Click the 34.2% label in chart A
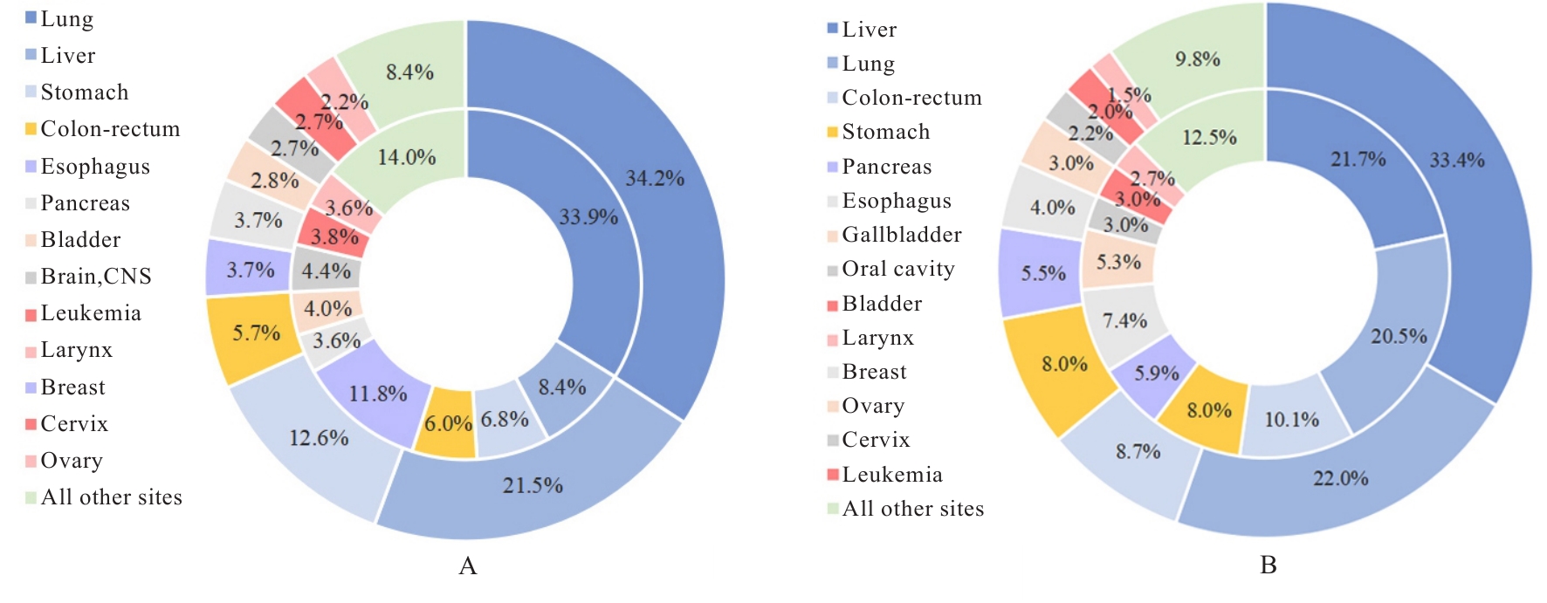[x=655, y=179]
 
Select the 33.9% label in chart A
[x=588, y=216]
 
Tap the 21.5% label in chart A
[x=533, y=485]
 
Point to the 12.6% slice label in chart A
[x=319, y=438]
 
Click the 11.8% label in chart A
[x=378, y=394]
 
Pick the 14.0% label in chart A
[x=407, y=158]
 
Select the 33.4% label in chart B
[x=1457, y=161]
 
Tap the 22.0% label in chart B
[x=1341, y=478]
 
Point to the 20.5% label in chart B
[x=1399, y=337]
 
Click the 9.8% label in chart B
[x=1198, y=59]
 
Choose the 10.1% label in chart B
[x=1292, y=420]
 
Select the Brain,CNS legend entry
[x=95, y=277]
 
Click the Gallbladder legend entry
[x=901, y=235]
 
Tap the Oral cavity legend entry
[x=897, y=269]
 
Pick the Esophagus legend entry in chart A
[x=94, y=167]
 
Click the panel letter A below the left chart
[x=468, y=566]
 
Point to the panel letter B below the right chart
[x=1269, y=565]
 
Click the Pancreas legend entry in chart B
[x=886, y=167]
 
